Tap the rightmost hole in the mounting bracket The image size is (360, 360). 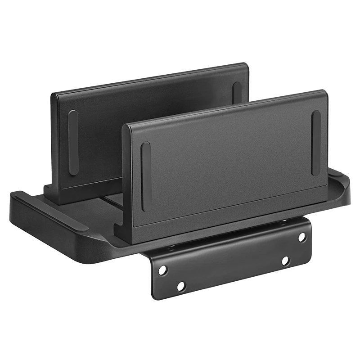[301, 236]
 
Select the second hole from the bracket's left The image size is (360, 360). [181, 286]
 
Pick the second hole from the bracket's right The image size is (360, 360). [285, 261]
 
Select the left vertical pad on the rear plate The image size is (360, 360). [73, 142]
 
